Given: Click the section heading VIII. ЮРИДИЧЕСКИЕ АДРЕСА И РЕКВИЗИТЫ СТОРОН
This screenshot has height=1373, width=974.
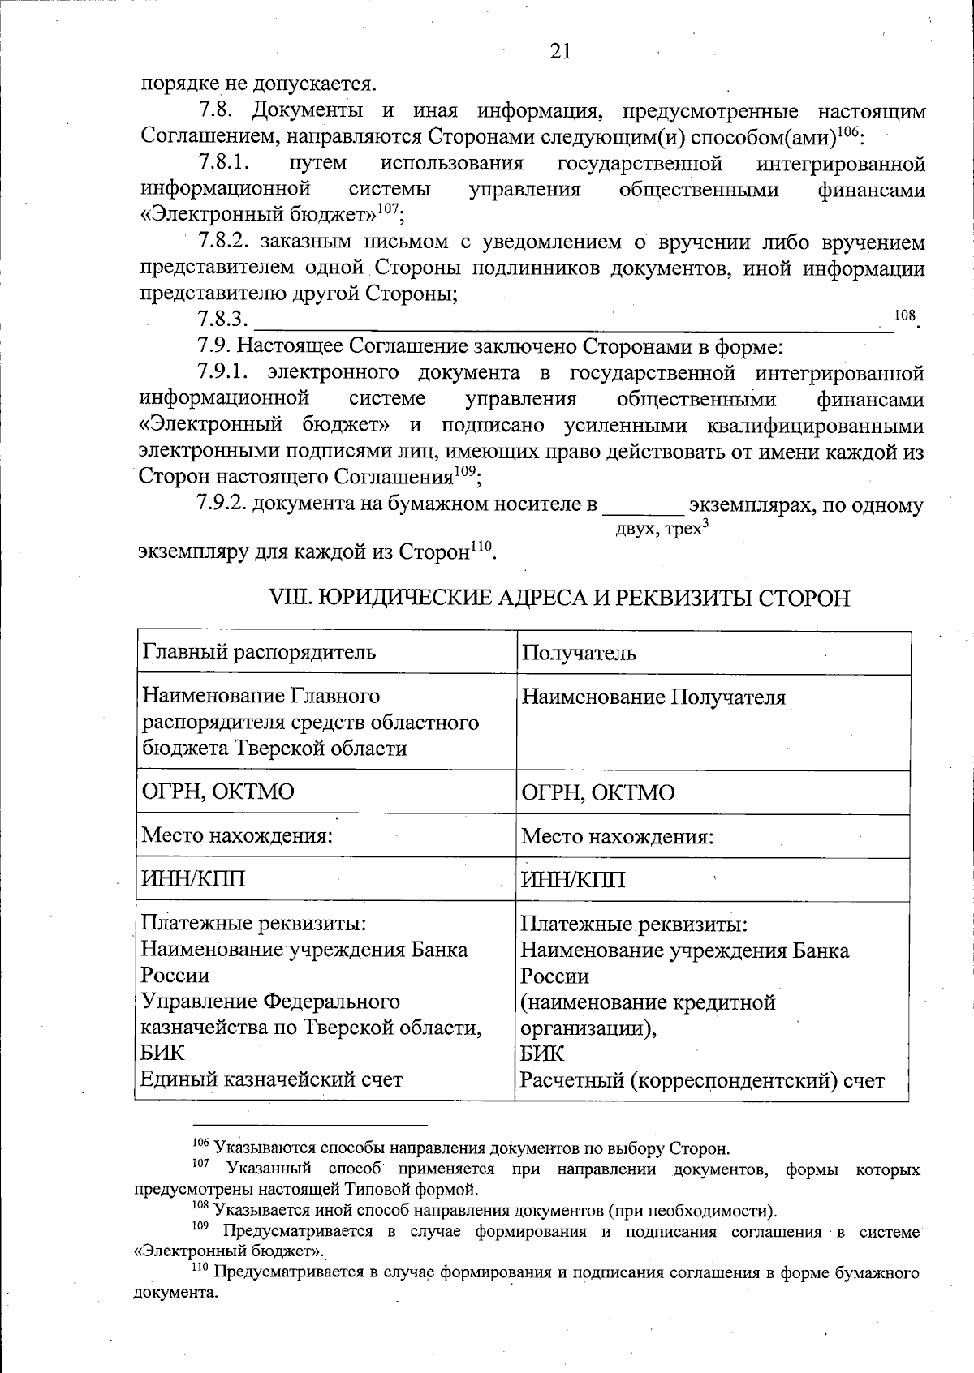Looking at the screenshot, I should tap(558, 599).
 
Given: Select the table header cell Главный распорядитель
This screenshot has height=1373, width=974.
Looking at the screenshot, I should tap(259, 652).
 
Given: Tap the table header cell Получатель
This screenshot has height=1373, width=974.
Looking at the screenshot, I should tap(579, 654).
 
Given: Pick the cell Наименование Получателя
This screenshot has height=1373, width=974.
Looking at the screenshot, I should tap(653, 697).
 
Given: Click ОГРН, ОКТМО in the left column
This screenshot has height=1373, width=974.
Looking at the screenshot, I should tap(218, 792).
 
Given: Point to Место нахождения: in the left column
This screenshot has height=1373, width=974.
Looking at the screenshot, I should tap(238, 835).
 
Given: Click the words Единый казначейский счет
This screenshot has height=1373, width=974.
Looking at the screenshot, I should tap(272, 1079).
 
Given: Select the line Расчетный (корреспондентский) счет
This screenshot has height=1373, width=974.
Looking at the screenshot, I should tap(702, 1081).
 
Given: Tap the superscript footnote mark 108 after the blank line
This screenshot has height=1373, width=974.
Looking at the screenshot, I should tap(903, 315).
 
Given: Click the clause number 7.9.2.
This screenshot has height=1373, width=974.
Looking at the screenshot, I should tap(222, 504).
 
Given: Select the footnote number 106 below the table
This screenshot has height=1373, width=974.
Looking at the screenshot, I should tap(200, 1144).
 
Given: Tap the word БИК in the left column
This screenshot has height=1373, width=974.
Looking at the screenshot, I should tap(162, 1053).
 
